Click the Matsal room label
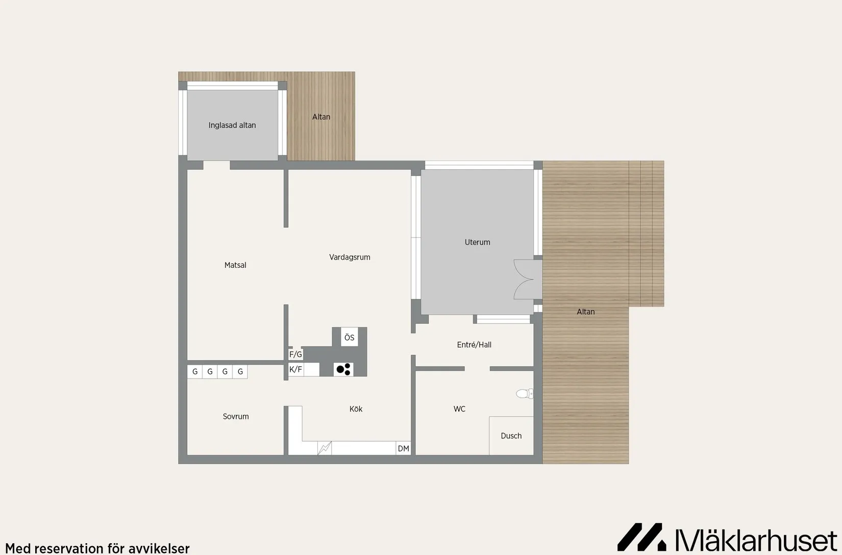tap(235, 265)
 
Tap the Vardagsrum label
tap(350, 257)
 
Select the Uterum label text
tap(477, 242)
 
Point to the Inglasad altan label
tap(232, 125)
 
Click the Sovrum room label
tap(236, 416)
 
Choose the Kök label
tap(356, 409)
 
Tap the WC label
tap(459, 409)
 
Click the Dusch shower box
tap(511, 436)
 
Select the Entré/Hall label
tap(474, 344)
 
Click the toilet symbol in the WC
tap(525, 393)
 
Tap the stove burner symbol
tap(343, 369)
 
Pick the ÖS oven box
tap(349, 337)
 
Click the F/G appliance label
tap(295, 354)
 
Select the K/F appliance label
tap(295, 369)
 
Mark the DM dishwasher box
tap(403, 448)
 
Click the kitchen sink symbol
tap(325, 448)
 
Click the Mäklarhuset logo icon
tap(641, 537)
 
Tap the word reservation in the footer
tap(66, 548)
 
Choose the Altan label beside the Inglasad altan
tap(321, 117)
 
